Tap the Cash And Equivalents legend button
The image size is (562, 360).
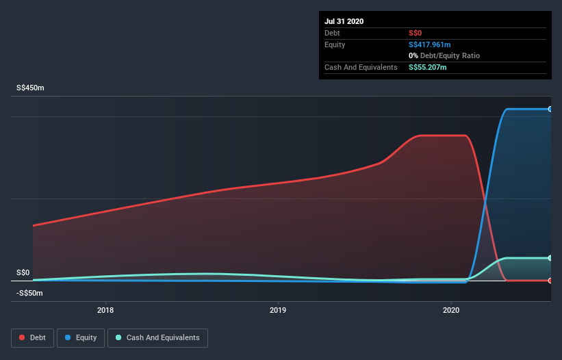point(157,337)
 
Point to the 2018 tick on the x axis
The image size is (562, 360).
point(105,311)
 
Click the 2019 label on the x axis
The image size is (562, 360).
point(278,311)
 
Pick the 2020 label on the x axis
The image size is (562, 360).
point(451,311)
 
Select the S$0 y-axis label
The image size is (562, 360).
point(23,272)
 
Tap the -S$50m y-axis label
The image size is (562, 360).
point(31,293)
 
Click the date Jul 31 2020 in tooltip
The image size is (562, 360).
point(344,21)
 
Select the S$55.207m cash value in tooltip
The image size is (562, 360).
point(427,67)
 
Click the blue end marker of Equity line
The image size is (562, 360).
point(550,109)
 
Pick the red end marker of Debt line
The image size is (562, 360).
point(550,280)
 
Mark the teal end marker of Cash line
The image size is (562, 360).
point(550,258)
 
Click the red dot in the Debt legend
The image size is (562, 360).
point(22,337)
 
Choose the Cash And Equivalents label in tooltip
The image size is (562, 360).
point(361,67)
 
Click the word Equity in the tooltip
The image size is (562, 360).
point(335,44)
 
